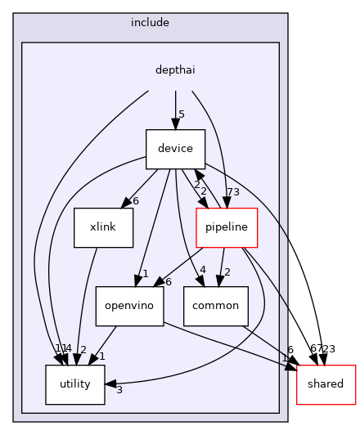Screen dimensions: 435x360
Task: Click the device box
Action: pyautogui.click(x=175, y=148)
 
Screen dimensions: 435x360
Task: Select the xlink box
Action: pyautogui.click(x=103, y=227)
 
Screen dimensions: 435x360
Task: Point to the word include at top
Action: pyautogui.click(x=150, y=22)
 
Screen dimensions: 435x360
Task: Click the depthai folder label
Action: pyautogui.click(x=175, y=70)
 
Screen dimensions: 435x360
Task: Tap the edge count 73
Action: pyautogui.click(x=232, y=191)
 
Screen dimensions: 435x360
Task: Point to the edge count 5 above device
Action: pyautogui.click(x=182, y=114)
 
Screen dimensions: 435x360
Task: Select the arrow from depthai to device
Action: pyautogui.click(x=175, y=106)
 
